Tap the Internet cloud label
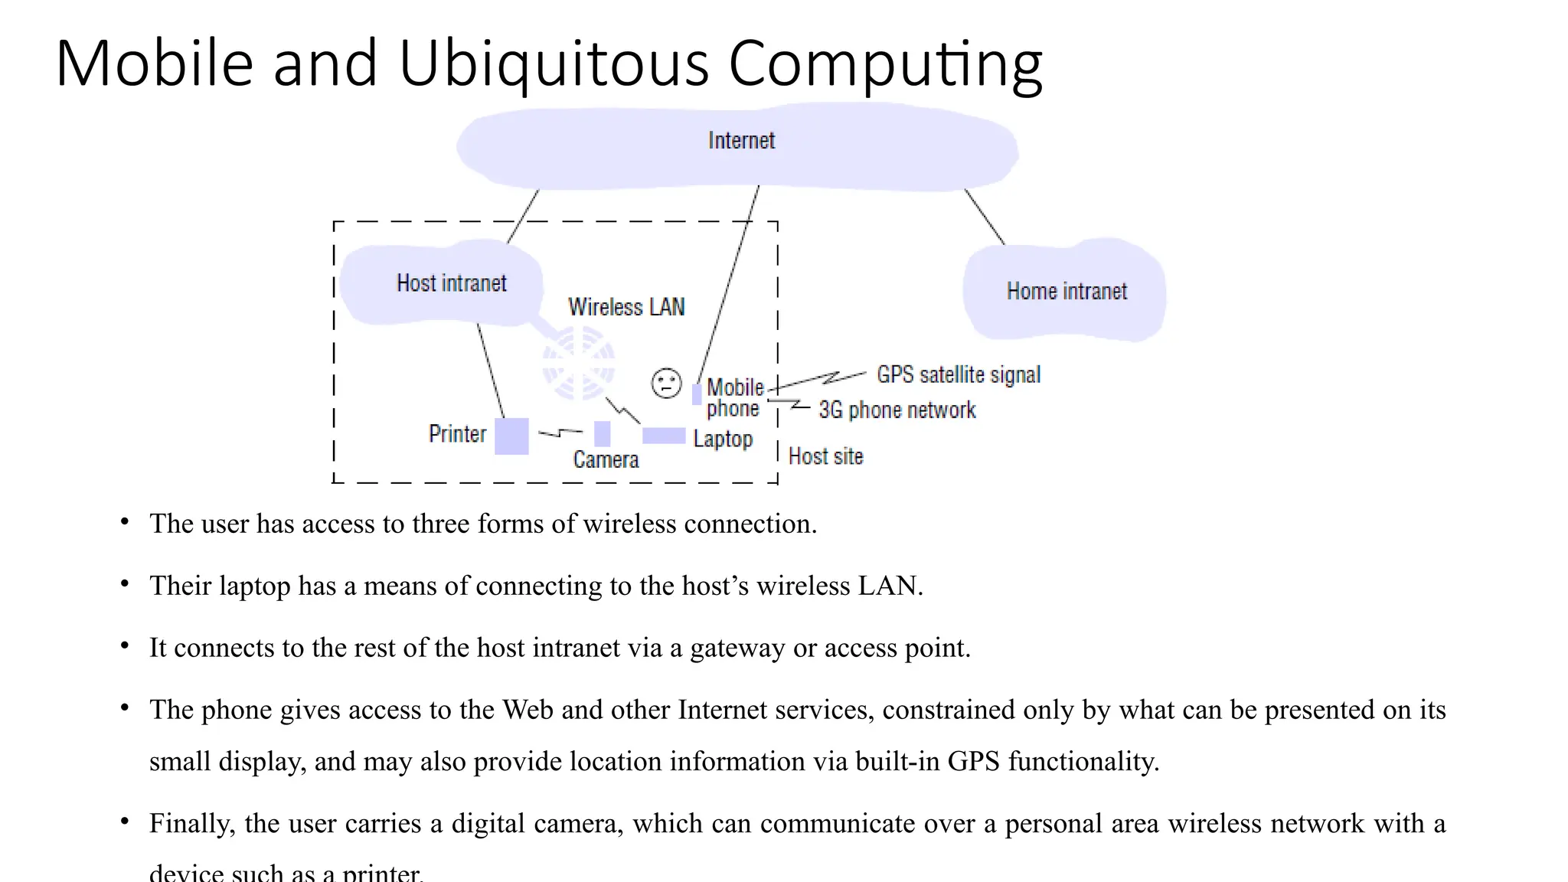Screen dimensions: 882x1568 point(741,141)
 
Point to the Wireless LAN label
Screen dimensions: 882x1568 point(626,307)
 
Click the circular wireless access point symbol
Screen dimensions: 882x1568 point(578,364)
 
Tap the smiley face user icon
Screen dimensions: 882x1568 point(666,383)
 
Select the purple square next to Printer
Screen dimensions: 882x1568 point(511,436)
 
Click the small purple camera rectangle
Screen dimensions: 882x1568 point(603,434)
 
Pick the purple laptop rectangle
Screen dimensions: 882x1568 point(664,436)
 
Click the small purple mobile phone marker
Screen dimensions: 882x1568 point(697,394)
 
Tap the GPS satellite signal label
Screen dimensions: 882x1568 point(958,375)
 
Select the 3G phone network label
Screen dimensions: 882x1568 point(897,410)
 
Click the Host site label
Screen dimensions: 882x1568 point(825,456)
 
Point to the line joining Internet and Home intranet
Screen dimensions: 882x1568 point(985,217)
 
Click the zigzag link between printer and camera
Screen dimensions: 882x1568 point(560,433)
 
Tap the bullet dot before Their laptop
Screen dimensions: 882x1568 point(125,584)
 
